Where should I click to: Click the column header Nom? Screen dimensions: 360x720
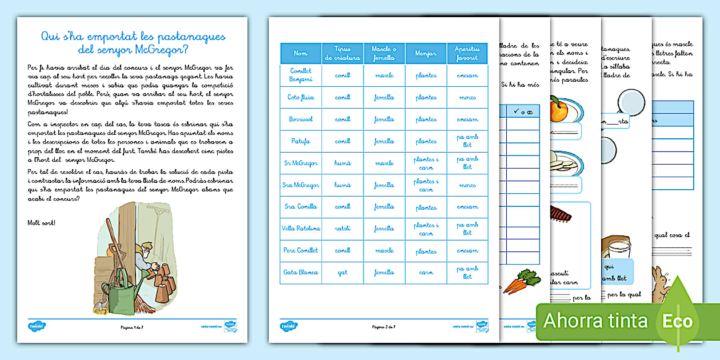301,53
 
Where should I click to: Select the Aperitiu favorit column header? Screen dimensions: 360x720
467,53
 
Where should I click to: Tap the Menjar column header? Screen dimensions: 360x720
426,53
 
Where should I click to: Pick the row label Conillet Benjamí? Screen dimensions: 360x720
301,75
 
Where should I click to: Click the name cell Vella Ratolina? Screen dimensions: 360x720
301,229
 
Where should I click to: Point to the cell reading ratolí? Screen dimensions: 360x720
342,229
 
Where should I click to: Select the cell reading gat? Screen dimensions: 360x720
342,273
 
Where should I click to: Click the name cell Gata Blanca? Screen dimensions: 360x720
301,273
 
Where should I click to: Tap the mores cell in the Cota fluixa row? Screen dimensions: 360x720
467,97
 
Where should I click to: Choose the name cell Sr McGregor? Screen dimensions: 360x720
301,163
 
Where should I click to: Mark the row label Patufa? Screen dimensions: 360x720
301,141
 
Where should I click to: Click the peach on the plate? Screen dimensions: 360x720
560,109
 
